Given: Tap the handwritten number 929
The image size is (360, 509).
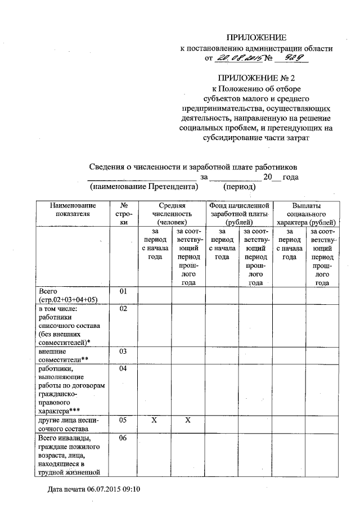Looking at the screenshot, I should point(294,58).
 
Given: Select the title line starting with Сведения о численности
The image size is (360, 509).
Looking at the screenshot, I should point(193,166).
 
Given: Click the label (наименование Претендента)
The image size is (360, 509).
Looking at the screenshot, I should point(145,187).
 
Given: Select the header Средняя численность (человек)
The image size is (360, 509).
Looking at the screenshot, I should point(172,214).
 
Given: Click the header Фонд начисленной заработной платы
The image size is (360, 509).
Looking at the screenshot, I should point(238,214).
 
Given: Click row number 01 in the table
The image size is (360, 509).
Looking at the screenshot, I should point(125,291).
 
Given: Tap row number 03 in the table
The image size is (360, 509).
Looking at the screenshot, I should point(125,351).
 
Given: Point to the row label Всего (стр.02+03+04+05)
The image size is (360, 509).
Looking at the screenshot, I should point(68,296).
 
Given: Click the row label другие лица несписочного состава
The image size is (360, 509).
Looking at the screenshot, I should point(68,424).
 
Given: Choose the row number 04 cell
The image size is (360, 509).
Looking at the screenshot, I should point(125,369).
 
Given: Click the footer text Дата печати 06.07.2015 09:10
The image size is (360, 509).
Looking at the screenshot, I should point(93,489).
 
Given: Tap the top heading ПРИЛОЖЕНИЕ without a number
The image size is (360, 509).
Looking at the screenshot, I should point(256,38).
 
